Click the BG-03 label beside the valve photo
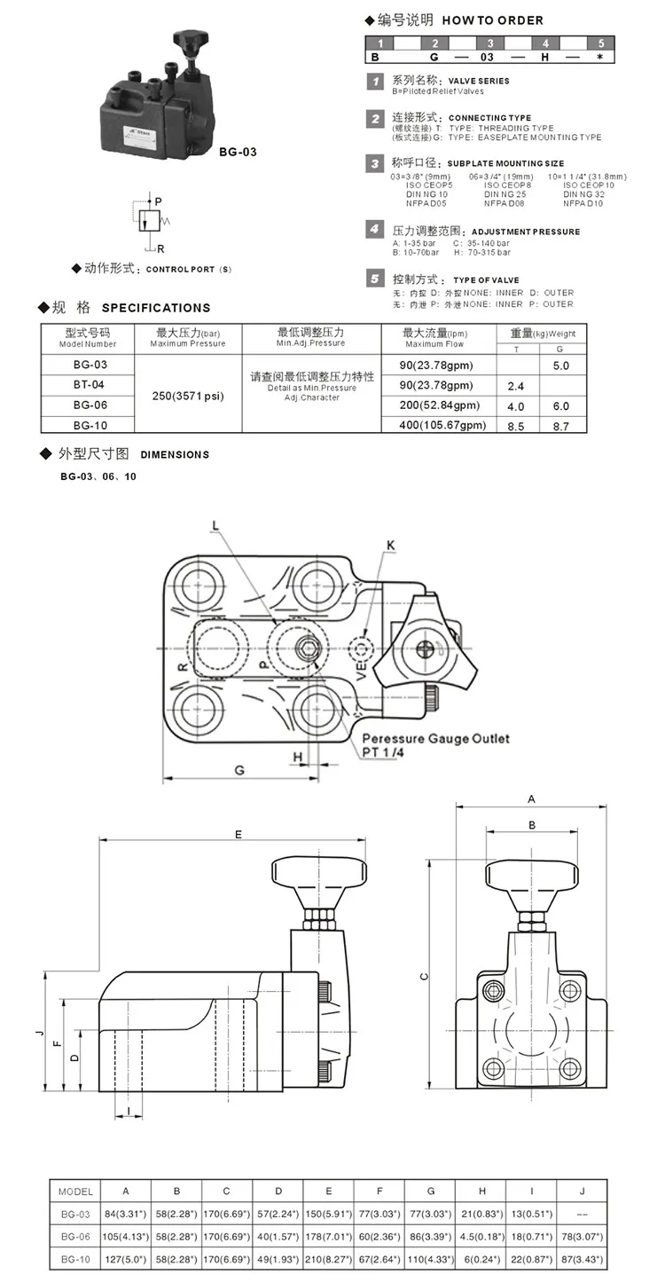pyautogui.click(x=238, y=152)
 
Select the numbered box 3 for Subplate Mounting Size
pyautogui.click(x=375, y=162)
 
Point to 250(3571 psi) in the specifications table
pyautogui.click(x=187, y=396)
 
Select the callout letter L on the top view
pyautogui.click(x=215, y=525)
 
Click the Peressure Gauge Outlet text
pyautogui.click(x=435, y=738)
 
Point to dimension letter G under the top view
pyautogui.click(x=239, y=770)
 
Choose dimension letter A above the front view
pyautogui.click(x=531, y=798)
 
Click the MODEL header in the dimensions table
pyautogui.click(x=75, y=1191)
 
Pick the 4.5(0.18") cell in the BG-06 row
pyautogui.click(x=481, y=1237)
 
